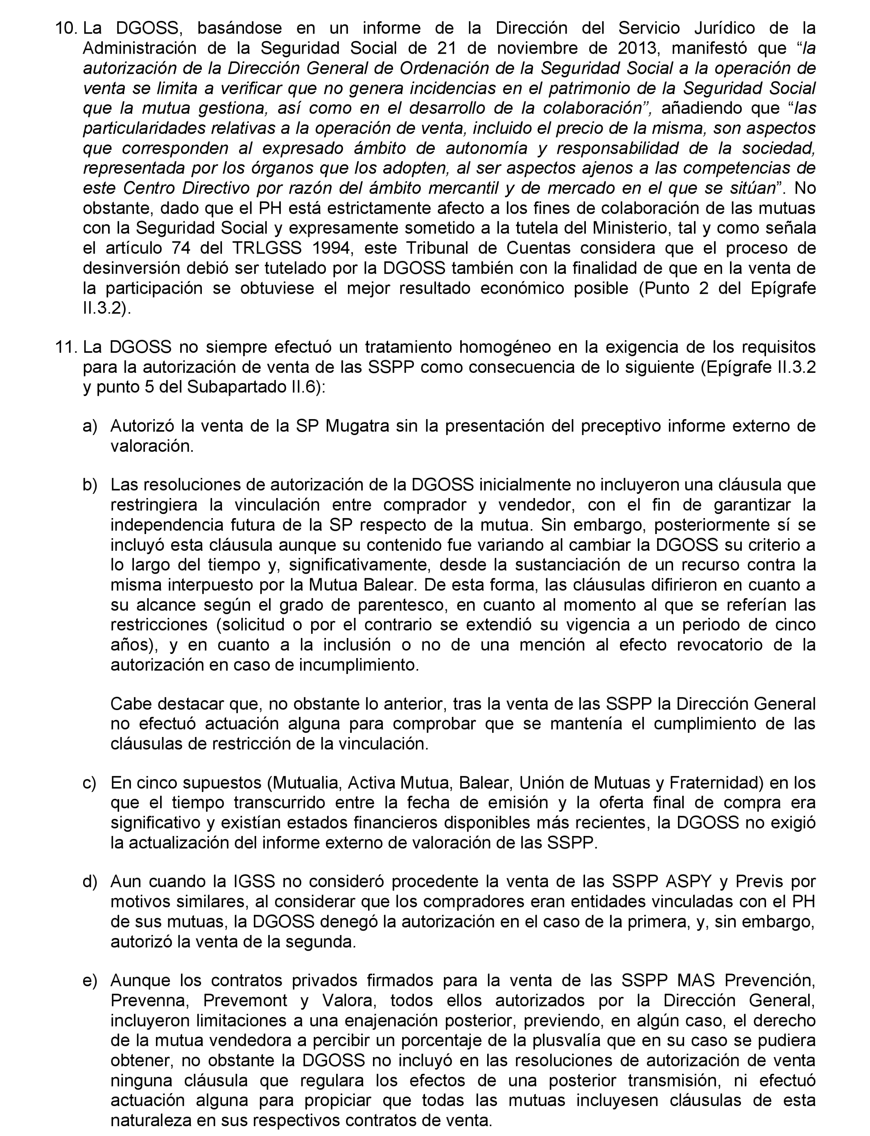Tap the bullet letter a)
click(x=90, y=426)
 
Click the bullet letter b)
click(x=90, y=485)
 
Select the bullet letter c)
click(x=90, y=783)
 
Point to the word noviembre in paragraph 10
click(x=536, y=48)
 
